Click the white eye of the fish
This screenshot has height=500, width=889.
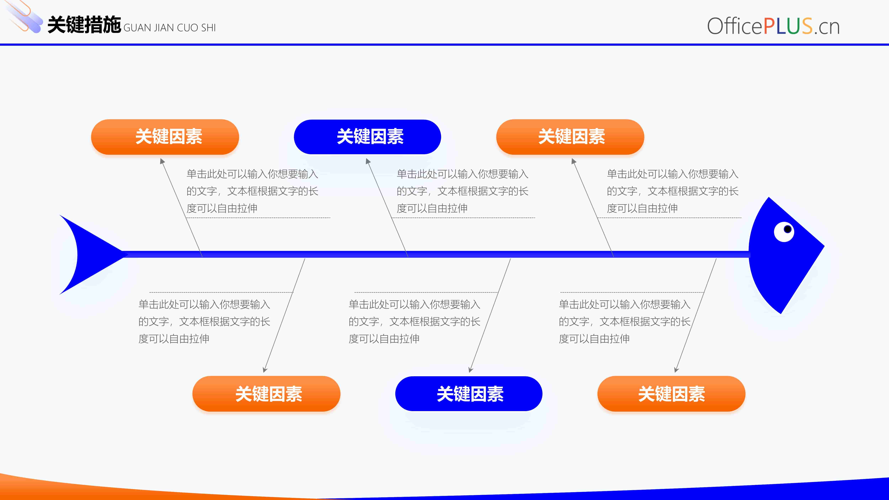[x=784, y=232]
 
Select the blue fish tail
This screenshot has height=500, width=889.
[x=90, y=255]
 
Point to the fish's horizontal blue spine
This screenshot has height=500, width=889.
[x=436, y=254]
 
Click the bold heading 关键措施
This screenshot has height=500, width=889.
[x=84, y=25]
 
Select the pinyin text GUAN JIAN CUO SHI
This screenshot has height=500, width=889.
[x=169, y=28]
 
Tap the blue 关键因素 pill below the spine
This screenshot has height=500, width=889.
[x=469, y=394]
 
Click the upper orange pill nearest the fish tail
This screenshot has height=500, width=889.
[x=165, y=137]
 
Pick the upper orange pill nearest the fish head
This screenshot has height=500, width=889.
[x=570, y=137]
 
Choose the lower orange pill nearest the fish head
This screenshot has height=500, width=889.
[x=671, y=394]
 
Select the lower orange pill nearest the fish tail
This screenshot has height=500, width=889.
[x=266, y=394]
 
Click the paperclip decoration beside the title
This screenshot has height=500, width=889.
[x=23, y=17]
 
